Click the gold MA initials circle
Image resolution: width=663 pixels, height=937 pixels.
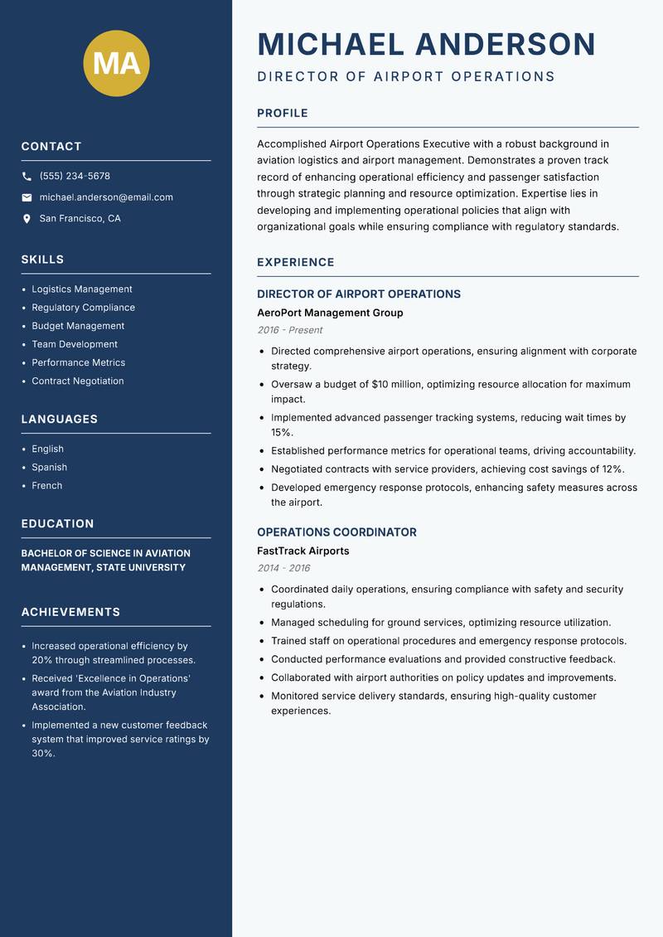pos(116,63)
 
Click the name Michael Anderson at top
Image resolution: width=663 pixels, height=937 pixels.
pos(426,44)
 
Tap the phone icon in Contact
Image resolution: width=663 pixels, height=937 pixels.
pos(27,177)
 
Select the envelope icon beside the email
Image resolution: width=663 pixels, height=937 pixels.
pos(27,197)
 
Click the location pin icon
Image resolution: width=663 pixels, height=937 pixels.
pos(27,219)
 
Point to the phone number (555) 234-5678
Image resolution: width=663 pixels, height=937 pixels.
pos(75,177)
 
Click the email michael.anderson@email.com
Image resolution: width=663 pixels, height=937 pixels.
pos(106,197)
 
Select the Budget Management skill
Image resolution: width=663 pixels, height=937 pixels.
pos(78,326)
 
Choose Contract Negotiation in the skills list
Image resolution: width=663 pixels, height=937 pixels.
pos(78,381)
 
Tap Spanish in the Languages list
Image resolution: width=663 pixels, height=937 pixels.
pos(49,468)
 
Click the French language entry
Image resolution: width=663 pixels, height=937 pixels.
pos(46,486)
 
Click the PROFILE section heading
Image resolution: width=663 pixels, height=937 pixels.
pos(282,114)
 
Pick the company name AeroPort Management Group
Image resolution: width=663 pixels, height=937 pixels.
pos(330,313)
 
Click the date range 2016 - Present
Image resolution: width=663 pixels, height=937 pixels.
pos(289,330)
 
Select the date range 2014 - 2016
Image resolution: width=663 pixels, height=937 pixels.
pos(283,568)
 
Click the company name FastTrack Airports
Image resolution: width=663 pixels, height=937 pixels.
pos(302,551)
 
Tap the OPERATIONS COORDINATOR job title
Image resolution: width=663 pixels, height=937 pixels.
pos(336,532)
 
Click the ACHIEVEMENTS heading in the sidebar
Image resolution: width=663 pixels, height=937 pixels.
pos(70,612)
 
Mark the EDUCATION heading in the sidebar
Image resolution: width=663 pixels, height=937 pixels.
pos(57,524)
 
